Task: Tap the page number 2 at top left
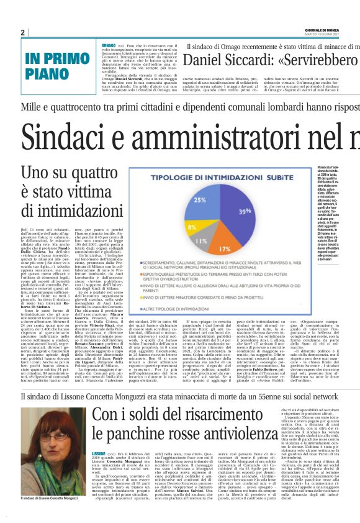(23, 32)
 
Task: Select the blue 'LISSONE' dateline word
(98, 471)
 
